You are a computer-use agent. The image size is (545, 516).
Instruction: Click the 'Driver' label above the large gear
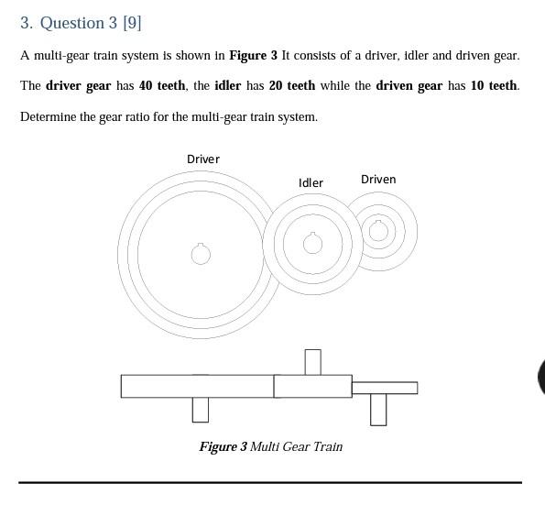coord(202,159)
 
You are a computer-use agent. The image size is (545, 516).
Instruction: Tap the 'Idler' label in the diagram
coord(311,182)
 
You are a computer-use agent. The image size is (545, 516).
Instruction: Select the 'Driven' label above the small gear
coord(378,179)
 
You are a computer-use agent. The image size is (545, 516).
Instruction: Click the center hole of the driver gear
coord(201,254)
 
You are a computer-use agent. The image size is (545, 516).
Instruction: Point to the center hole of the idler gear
coord(312,243)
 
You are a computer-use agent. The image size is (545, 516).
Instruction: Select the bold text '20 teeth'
coord(291,85)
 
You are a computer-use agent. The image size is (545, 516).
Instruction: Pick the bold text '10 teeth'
coord(495,85)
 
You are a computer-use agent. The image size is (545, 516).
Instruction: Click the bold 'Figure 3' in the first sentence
coord(253,55)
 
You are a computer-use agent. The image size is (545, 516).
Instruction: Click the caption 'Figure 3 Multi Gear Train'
coord(271,446)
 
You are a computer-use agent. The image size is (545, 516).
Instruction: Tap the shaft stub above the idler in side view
coord(312,362)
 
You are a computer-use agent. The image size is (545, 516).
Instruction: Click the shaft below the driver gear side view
coord(201,410)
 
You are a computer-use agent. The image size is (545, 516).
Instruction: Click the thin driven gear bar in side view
coord(385,388)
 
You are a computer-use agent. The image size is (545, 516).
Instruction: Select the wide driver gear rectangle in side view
coord(197,387)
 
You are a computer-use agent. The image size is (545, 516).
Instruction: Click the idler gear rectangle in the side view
coord(312,387)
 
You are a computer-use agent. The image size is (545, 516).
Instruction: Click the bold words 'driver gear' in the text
coord(78,85)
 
